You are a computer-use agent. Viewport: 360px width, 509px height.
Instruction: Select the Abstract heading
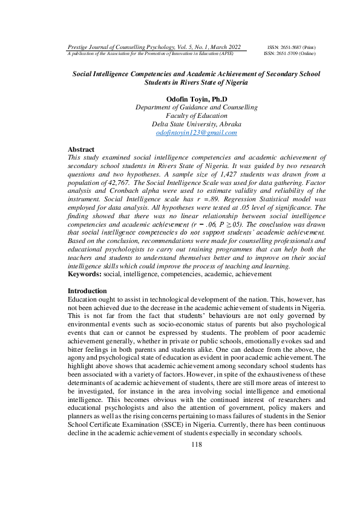pyautogui.click(x=81, y=149)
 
